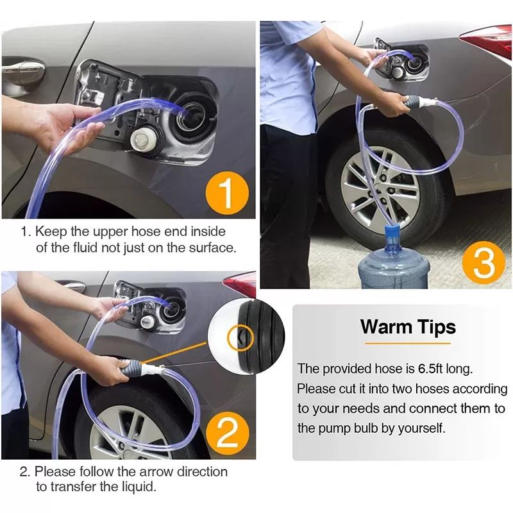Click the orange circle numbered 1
(x=227, y=193)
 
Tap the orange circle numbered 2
(x=228, y=433)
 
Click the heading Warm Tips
(x=408, y=327)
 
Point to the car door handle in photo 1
(x=24, y=69)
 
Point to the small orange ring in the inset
(x=241, y=339)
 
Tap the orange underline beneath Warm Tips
(x=408, y=344)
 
